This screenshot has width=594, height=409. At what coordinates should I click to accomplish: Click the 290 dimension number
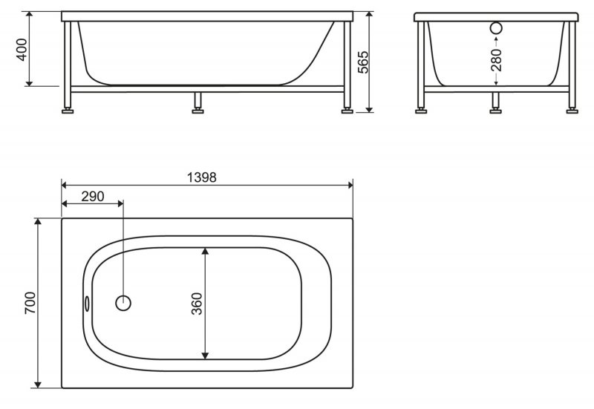[x=92, y=197]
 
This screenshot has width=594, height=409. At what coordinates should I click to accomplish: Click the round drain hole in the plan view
[x=124, y=303]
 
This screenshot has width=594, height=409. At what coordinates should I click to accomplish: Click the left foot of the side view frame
[x=68, y=111]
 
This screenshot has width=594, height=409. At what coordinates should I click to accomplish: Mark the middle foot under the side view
[x=198, y=111]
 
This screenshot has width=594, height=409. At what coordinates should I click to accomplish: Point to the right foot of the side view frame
[x=347, y=111]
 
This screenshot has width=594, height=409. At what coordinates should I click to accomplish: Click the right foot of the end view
[x=572, y=111]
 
